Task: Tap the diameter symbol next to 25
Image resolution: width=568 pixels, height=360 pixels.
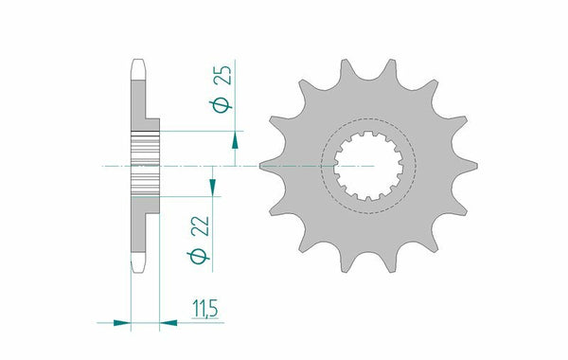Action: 220,105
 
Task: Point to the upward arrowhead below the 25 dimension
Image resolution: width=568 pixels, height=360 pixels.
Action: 235,141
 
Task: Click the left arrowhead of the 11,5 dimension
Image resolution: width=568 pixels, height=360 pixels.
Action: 119,323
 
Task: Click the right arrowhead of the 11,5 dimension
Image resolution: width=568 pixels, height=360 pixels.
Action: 170,323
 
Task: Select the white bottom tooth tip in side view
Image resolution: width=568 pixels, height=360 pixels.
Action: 135,261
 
